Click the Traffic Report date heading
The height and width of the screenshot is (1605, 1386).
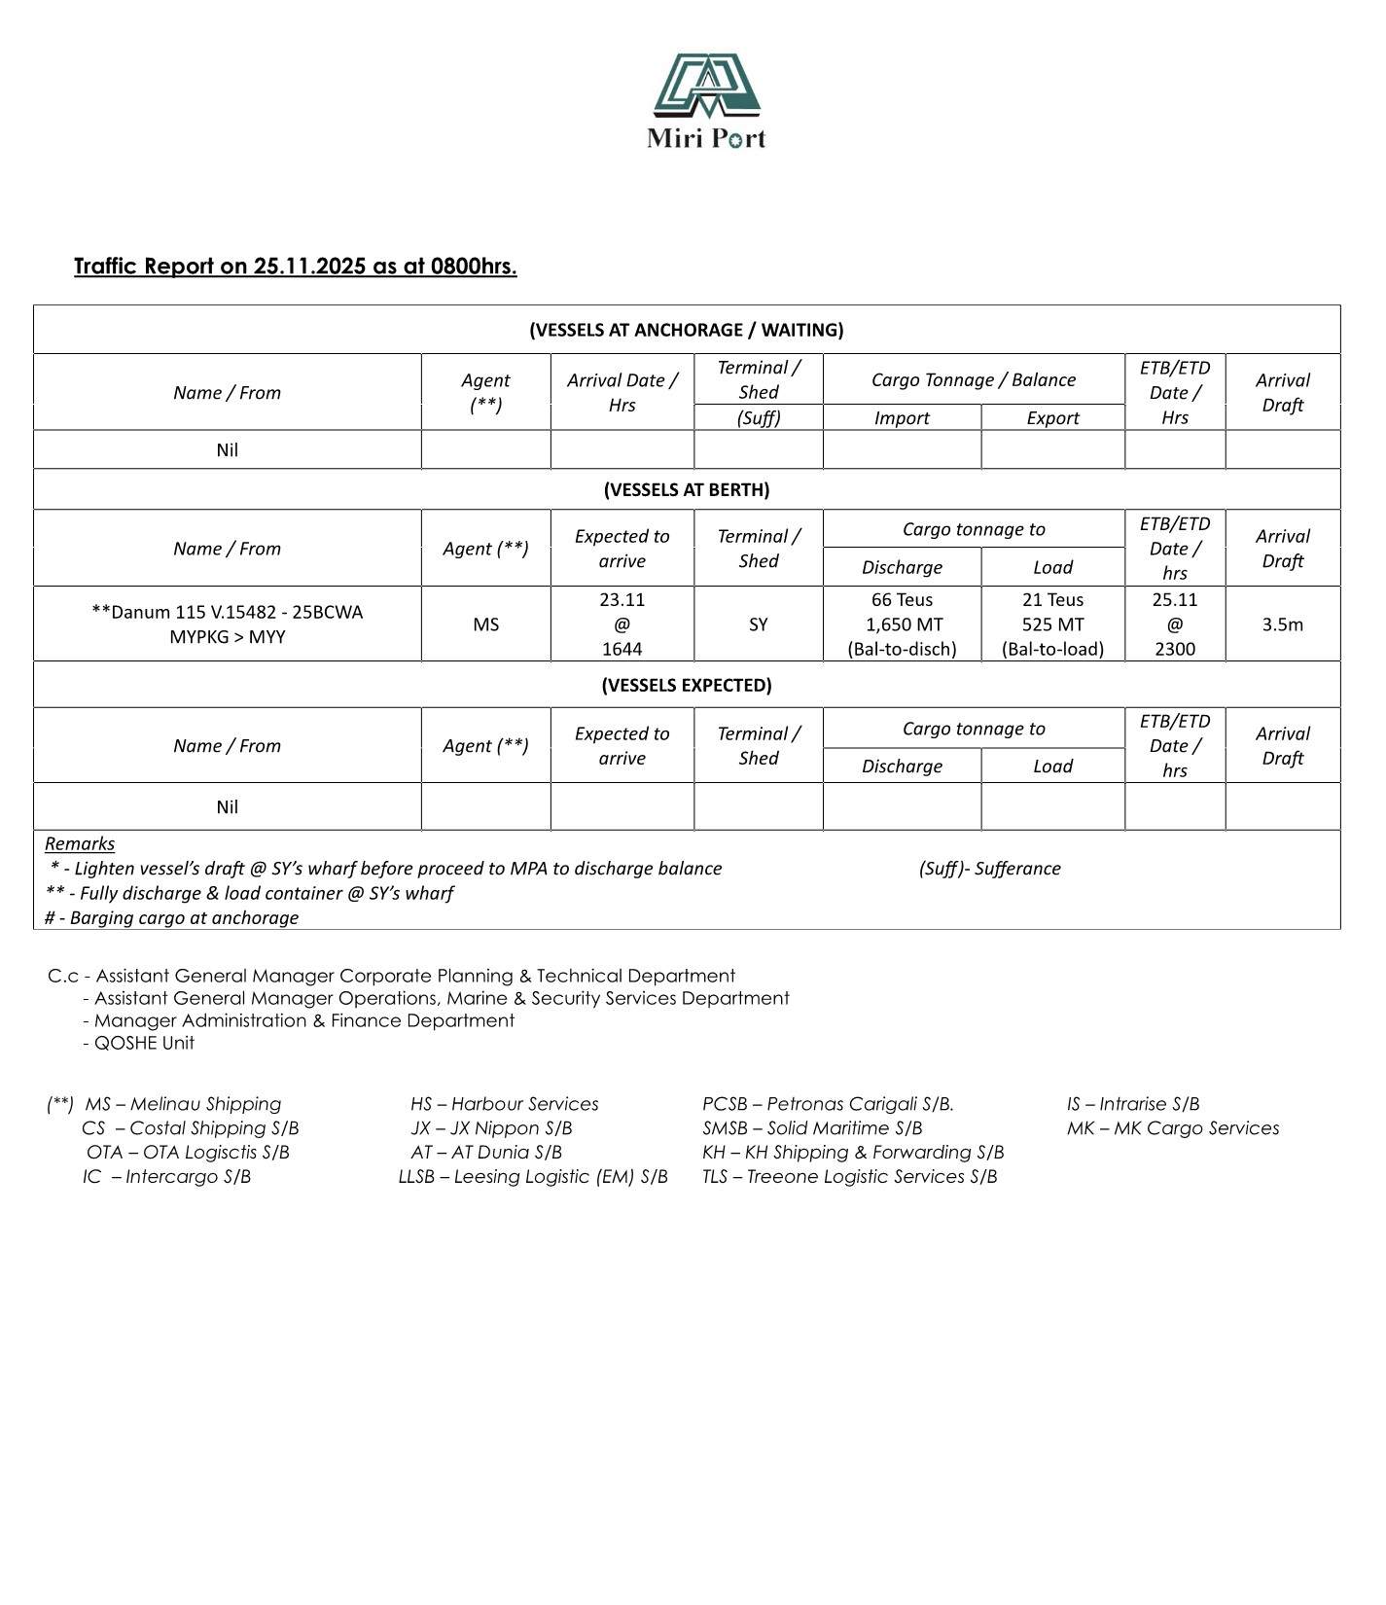[295, 267]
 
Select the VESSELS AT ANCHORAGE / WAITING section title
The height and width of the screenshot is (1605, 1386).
[686, 330]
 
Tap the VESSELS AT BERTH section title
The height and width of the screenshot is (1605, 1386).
[686, 489]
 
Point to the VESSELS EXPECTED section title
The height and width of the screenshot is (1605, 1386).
[686, 685]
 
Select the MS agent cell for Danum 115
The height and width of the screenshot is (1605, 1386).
[485, 624]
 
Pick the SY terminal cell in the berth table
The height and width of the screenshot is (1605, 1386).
[758, 624]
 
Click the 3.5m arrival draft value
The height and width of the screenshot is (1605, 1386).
[1282, 624]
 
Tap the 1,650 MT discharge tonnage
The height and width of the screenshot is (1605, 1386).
[902, 624]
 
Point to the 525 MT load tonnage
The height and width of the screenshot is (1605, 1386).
[1052, 624]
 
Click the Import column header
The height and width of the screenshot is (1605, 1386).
[902, 418]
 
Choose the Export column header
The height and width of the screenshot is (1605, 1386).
[1052, 418]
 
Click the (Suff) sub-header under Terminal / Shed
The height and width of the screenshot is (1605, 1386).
[758, 418]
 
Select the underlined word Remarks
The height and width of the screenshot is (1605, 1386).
[80, 843]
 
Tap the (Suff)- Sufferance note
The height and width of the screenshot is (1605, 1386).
[989, 869]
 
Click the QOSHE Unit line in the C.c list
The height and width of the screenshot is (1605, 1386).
[143, 1043]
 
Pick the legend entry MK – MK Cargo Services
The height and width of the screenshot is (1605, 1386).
[1172, 1128]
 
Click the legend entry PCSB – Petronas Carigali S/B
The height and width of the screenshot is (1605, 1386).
[828, 1104]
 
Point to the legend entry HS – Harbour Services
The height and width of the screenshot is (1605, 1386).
[504, 1104]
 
